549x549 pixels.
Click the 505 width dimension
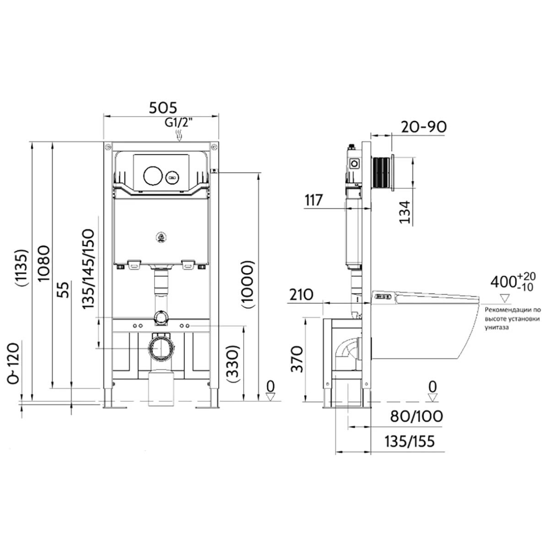163,108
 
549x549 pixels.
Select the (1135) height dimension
22,268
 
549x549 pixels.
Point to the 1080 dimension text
44,263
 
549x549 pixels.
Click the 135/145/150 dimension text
88,269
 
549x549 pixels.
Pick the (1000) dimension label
247,284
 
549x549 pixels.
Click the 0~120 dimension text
14,363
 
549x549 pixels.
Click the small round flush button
173,178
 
